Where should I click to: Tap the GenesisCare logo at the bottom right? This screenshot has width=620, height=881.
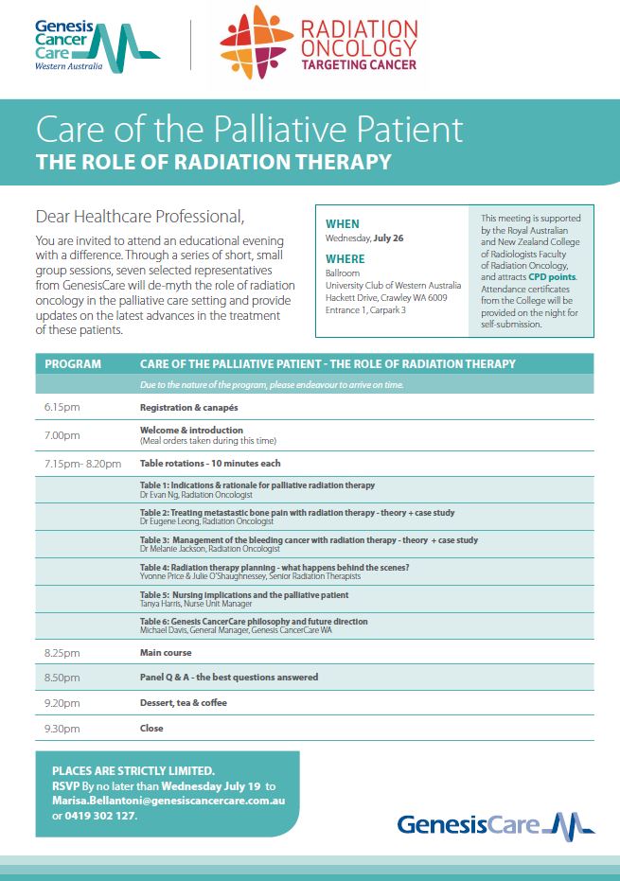(x=496, y=823)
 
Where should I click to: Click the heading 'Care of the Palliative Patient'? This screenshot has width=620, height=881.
(x=249, y=129)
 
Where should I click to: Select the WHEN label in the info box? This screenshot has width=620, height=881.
(x=343, y=224)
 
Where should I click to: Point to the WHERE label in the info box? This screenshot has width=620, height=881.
(x=345, y=257)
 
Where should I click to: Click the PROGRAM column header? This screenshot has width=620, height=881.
(x=74, y=364)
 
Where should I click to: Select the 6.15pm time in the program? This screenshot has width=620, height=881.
(x=62, y=407)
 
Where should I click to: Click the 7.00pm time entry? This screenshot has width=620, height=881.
(x=62, y=435)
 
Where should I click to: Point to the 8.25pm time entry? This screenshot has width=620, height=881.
(x=62, y=653)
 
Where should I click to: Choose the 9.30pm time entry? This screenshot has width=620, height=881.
(x=62, y=729)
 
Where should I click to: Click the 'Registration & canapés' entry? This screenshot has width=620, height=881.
(x=189, y=407)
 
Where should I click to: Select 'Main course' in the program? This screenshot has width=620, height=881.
(x=166, y=653)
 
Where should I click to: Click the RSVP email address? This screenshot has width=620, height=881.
(x=168, y=801)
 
